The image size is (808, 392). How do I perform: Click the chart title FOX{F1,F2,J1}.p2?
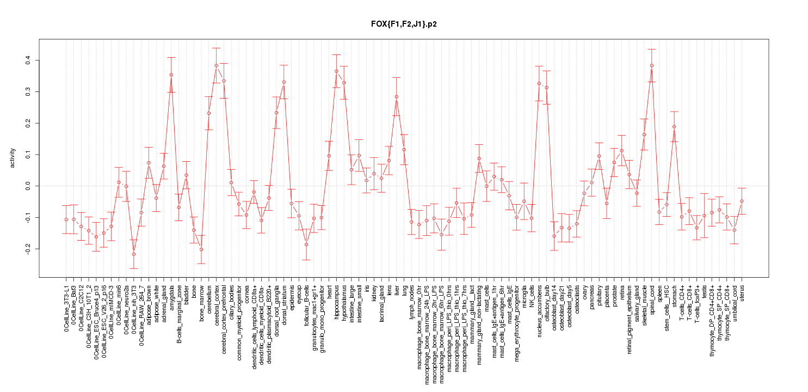pos(403,24)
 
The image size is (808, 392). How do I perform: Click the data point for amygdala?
pos(171,75)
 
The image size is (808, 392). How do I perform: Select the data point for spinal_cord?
pos(651,65)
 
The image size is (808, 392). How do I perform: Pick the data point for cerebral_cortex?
pos(216,65)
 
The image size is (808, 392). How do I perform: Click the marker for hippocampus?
pos(336,71)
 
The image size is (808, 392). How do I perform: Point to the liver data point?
pos(397,97)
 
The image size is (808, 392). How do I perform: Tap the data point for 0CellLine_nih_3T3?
pos(133,254)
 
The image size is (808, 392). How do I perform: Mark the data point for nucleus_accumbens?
pos(539,83)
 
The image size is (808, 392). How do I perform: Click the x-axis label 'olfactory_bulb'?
pos(547,302)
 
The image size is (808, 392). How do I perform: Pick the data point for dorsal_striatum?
pos(284,82)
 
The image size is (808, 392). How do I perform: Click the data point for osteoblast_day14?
pos(554,236)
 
